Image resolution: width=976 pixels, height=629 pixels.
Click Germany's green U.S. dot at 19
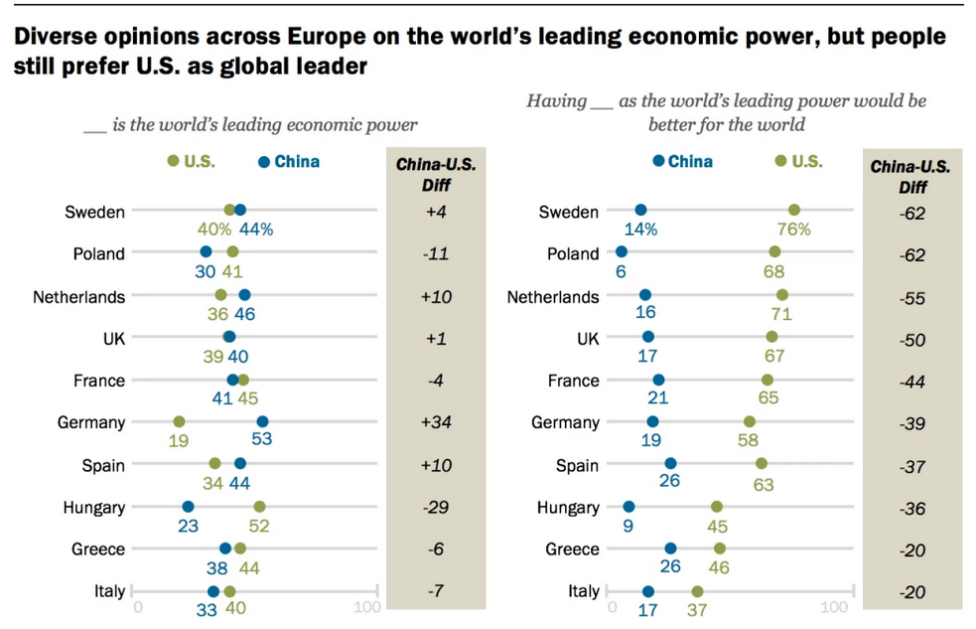pos(179,422)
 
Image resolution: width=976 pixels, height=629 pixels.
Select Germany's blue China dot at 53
pos(262,422)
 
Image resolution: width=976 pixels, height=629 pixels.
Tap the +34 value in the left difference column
pos(436,422)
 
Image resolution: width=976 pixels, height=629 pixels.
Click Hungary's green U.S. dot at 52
pos(259,507)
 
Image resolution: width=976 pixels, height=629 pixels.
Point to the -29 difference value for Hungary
pos(436,507)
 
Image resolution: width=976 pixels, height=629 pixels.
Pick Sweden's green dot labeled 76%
pos(794,210)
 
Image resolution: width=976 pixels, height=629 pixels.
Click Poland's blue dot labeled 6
pos(622,252)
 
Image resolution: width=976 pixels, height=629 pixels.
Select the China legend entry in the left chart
pos(289,161)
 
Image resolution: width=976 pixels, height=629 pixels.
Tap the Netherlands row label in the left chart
pos(78,296)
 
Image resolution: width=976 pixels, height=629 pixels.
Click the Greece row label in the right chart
pos(573,550)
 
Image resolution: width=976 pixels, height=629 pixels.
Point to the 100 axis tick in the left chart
pos(366,607)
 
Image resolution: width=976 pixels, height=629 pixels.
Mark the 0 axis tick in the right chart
pos(612,607)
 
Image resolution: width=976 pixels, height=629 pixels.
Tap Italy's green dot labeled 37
pos(697,591)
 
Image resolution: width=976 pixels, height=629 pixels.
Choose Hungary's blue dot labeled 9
pos(628,507)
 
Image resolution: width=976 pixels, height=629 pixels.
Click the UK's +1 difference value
pos(436,339)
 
